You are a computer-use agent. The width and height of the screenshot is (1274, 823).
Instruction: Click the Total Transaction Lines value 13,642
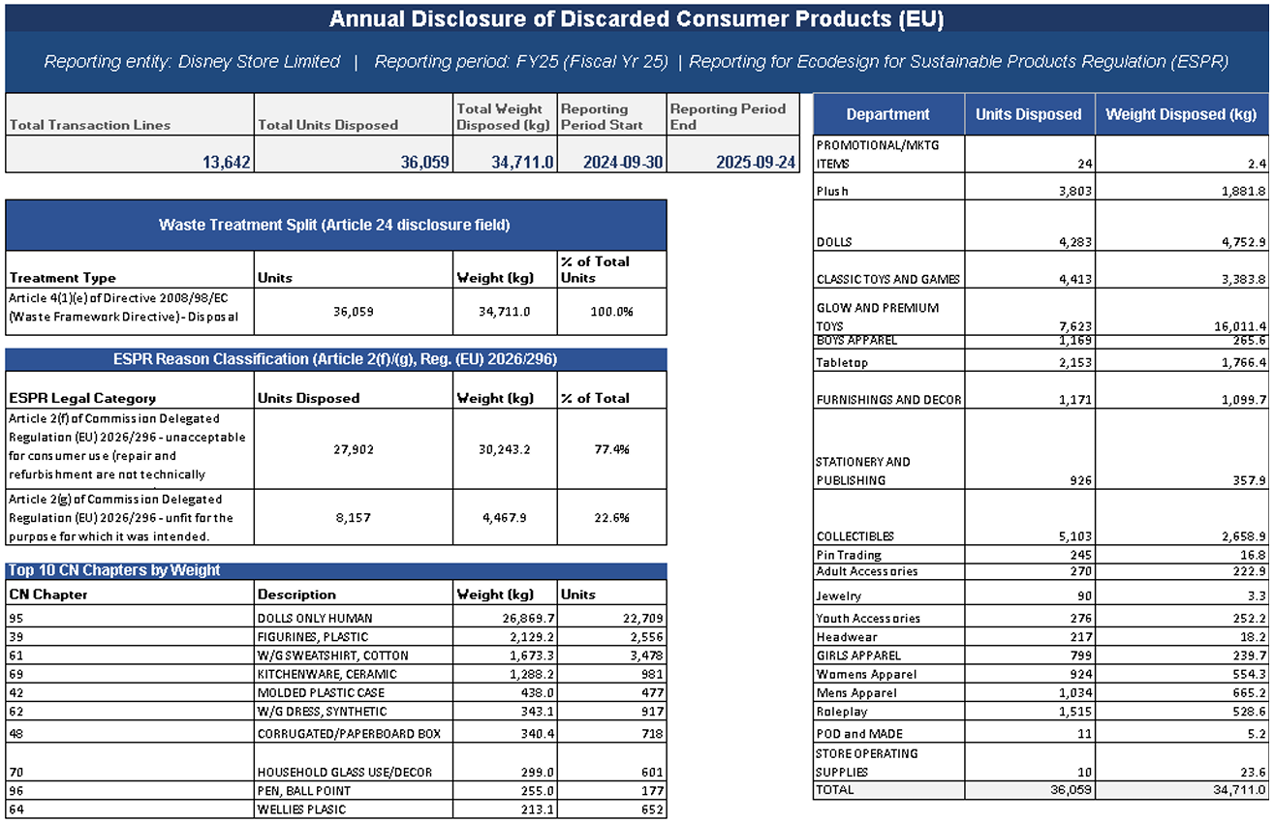(227, 163)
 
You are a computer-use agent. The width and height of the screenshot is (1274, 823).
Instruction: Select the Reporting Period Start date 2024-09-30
(623, 163)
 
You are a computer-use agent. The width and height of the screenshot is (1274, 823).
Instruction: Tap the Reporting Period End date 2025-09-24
(756, 163)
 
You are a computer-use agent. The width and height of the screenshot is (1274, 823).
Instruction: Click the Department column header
(887, 114)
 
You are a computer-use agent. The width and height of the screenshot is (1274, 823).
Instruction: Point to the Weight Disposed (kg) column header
(1181, 114)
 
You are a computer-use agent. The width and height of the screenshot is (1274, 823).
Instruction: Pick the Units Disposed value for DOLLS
(1075, 242)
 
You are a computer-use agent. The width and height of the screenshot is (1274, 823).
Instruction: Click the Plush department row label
(832, 191)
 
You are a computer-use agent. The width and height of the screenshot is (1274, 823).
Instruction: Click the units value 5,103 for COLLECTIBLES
(1075, 536)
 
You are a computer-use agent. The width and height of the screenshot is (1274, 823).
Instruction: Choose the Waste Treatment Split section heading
(334, 225)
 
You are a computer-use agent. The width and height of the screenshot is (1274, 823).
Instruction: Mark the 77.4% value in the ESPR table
(612, 449)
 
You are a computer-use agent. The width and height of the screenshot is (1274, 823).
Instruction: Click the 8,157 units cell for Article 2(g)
(354, 518)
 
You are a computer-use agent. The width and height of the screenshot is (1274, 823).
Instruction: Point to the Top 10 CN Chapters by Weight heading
(114, 570)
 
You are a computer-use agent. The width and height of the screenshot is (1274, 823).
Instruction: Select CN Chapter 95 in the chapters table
(16, 619)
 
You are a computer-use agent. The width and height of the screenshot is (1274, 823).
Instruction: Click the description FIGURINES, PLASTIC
(313, 637)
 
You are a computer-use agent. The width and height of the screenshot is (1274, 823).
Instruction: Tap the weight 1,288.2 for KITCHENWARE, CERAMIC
(531, 674)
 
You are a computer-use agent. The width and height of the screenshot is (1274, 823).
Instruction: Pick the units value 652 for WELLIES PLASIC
(652, 809)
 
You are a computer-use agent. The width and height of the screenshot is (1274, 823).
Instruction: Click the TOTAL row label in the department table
(835, 790)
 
